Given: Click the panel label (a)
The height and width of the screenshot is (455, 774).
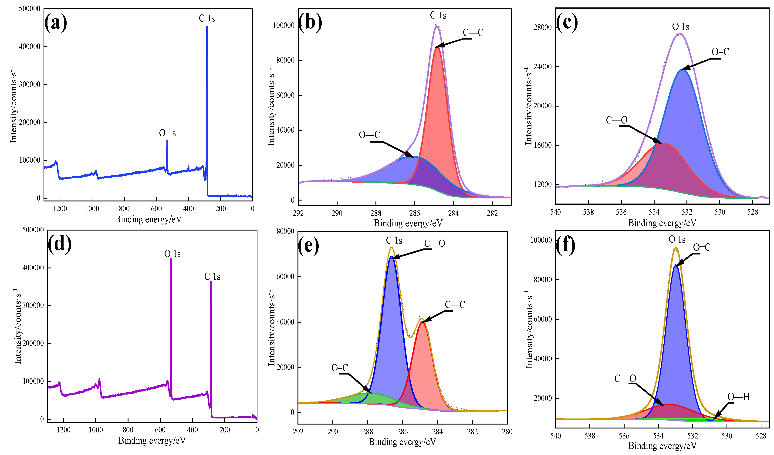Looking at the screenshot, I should tap(55, 23).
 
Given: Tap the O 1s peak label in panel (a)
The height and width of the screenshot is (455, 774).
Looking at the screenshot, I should tap(167, 133).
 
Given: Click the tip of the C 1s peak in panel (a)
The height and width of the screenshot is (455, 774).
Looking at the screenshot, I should tap(207, 27).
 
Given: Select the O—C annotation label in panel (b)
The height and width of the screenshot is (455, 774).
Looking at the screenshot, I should tap(369, 135).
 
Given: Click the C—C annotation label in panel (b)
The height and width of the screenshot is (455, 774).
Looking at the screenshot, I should tap(473, 33).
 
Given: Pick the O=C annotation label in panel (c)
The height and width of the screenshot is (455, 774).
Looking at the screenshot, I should tap(720, 52).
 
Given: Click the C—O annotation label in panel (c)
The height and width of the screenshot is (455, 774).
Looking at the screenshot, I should tap(616, 120).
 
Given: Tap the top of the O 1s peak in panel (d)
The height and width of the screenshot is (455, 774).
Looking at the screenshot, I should tap(171, 259).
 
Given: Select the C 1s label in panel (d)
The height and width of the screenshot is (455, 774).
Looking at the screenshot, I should tap(212, 277).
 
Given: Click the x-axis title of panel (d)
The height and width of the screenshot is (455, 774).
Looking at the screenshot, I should tap(152, 441).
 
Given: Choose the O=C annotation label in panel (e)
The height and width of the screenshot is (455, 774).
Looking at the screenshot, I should tap(340, 368).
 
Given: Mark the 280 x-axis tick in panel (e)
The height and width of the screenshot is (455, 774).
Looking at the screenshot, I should tap(507, 432).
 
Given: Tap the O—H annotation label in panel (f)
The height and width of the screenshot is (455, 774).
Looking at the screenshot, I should tap(738, 397).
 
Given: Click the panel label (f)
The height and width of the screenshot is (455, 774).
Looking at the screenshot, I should tap(565, 245).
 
